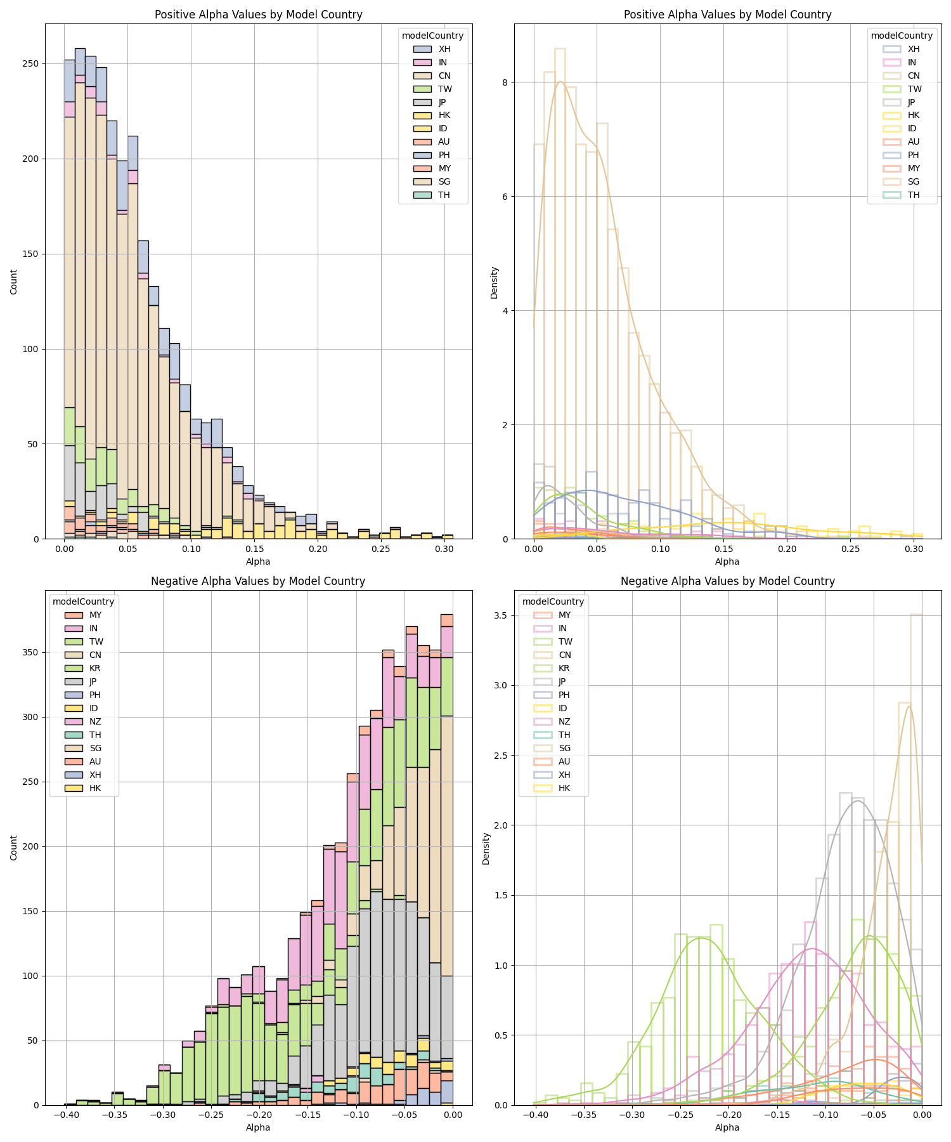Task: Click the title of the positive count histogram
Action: pos(258,15)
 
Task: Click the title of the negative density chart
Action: pos(727,581)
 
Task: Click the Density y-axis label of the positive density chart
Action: pos(495,282)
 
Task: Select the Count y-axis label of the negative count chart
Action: pos(14,848)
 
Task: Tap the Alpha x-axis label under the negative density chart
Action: pos(727,1127)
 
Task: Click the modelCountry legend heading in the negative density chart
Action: pos(553,601)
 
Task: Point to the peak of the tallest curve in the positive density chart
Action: pos(560,82)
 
